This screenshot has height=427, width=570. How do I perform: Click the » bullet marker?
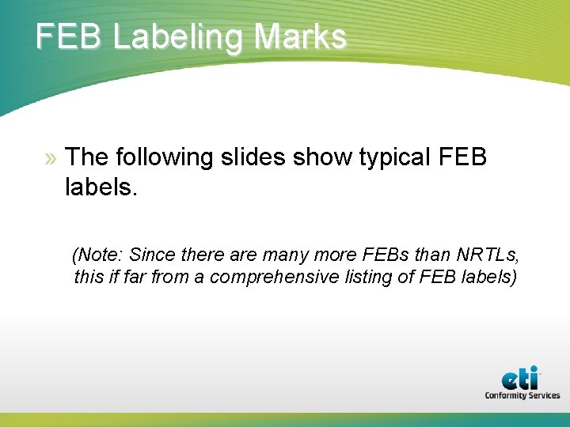51,158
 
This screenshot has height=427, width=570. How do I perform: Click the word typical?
392,157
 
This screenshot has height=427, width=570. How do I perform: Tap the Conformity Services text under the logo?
522,395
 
